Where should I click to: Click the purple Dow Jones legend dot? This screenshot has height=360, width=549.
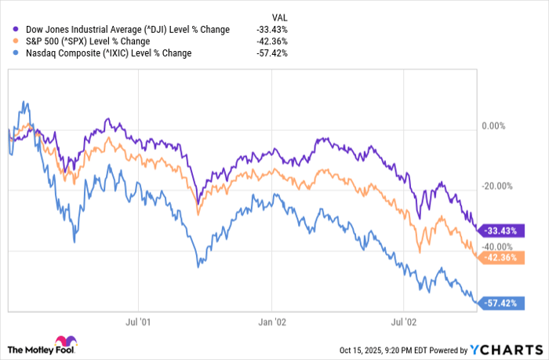point(17,30)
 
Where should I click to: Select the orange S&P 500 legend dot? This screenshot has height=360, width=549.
point(17,42)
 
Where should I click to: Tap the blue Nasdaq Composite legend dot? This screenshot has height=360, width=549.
point(17,53)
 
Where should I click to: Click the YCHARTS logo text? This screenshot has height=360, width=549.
point(509,349)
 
